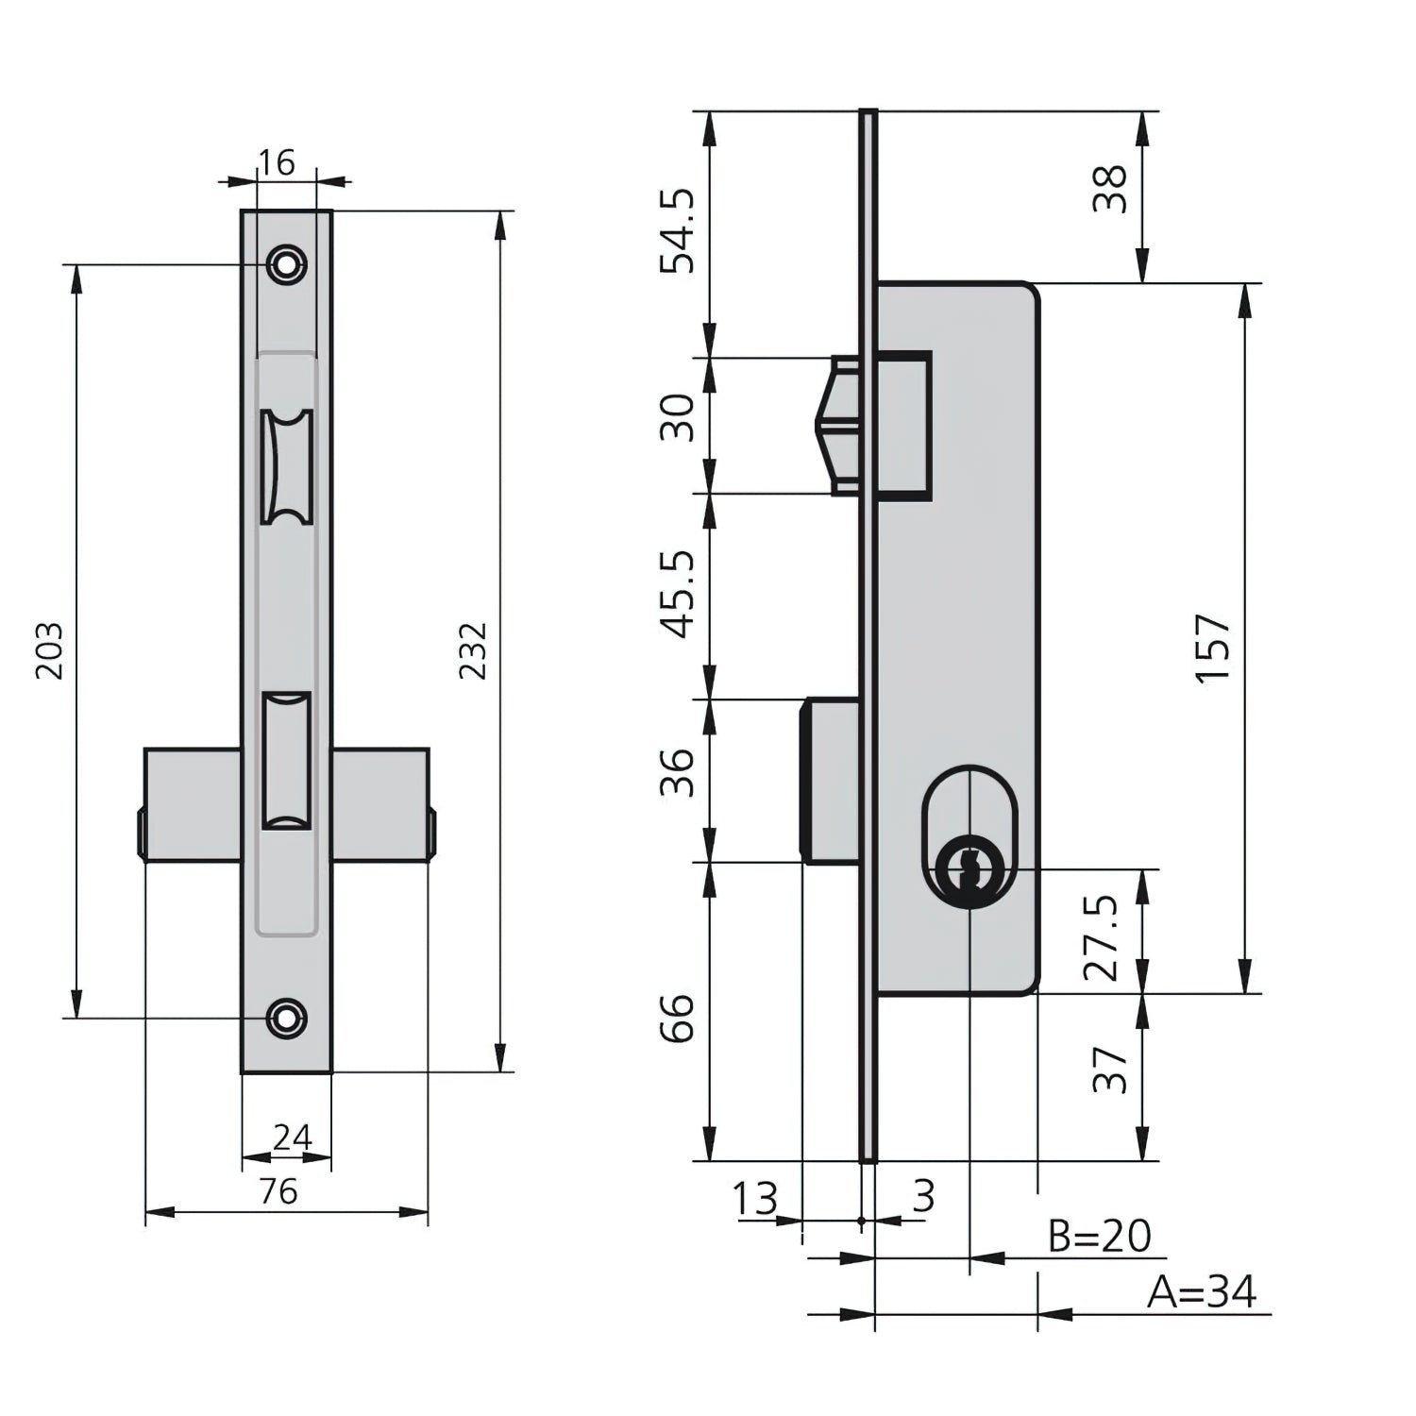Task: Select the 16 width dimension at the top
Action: coord(277,162)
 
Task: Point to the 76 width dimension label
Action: coord(278,1191)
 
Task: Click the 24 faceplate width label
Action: coord(292,1138)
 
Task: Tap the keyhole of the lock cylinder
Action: coord(966,866)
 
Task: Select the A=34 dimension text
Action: coord(1202,1291)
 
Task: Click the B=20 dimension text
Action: coord(1100,1236)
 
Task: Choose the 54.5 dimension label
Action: coord(678,231)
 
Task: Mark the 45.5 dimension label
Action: coord(678,595)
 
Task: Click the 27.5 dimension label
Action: coord(1102,937)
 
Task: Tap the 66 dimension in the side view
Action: coord(678,1018)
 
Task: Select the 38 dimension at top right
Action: coord(1111,189)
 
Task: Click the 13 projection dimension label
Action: coord(755,1199)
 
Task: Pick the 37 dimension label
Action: coord(1111,1070)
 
